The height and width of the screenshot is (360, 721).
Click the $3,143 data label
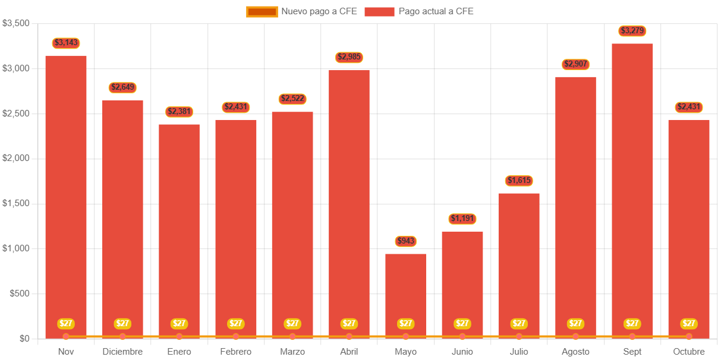point(66,43)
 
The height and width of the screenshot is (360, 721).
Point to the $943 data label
point(405,241)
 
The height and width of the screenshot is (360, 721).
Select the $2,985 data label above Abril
point(349,57)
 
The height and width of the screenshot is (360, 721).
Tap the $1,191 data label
point(462,219)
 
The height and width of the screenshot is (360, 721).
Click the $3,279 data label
point(632,30)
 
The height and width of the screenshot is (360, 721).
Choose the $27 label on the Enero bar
point(179,324)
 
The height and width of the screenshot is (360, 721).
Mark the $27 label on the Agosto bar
point(575,324)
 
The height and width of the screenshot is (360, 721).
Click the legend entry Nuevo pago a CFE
point(302,11)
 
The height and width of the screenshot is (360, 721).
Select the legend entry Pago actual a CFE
point(420,11)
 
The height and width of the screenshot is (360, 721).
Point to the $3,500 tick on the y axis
point(17,23)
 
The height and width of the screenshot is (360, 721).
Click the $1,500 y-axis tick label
point(17,203)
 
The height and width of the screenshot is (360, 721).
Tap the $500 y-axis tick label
point(20,293)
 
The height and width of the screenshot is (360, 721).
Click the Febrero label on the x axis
point(236,352)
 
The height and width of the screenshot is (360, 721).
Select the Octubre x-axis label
point(689,352)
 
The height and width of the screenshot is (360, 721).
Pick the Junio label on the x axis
point(462,352)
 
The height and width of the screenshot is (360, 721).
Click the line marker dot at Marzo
point(292,337)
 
